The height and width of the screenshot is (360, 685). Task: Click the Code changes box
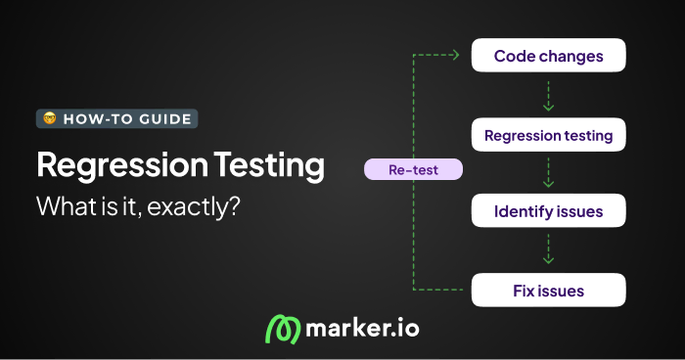pyautogui.click(x=548, y=56)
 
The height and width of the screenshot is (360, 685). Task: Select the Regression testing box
pyautogui.click(x=548, y=134)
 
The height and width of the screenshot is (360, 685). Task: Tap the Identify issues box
pyautogui.click(x=548, y=211)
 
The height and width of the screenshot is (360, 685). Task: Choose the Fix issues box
pyautogui.click(x=548, y=290)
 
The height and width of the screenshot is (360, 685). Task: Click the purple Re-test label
pyautogui.click(x=413, y=170)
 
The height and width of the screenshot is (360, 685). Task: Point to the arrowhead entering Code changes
pyautogui.click(x=456, y=56)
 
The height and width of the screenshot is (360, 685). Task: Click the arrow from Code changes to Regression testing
pyautogui.click(x=548, y=95)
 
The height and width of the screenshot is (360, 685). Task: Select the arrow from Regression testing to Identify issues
pyautogui.click(x=548, y=173)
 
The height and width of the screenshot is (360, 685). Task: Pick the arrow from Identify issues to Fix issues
pyautogui.click(x=548, y=250)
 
